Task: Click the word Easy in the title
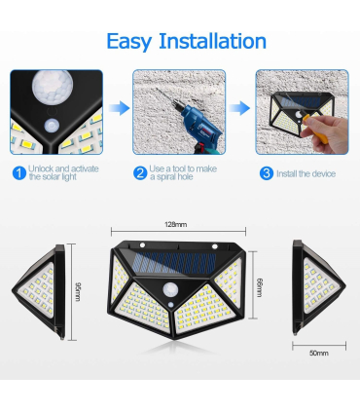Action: pos(129,42)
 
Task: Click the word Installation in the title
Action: pos(213,41)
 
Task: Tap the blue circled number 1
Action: pos(19,173)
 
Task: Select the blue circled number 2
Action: pos(140,173)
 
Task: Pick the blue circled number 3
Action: pos(267,173)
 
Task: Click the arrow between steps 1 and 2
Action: pos(119,108)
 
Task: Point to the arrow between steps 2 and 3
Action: pos(239,108)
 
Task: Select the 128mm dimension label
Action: pos(176,224)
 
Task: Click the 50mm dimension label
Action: pos(319,353)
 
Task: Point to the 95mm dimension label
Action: pos(78,292)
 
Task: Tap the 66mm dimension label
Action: pos(260,287)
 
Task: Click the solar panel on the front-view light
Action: pos(174,263)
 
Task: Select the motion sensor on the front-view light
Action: pos(170,289)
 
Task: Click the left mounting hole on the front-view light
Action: pos(142,244)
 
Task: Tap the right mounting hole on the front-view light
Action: pos(215,246)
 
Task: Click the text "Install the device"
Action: pos(306,173)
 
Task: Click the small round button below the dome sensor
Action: pos(53,126)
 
